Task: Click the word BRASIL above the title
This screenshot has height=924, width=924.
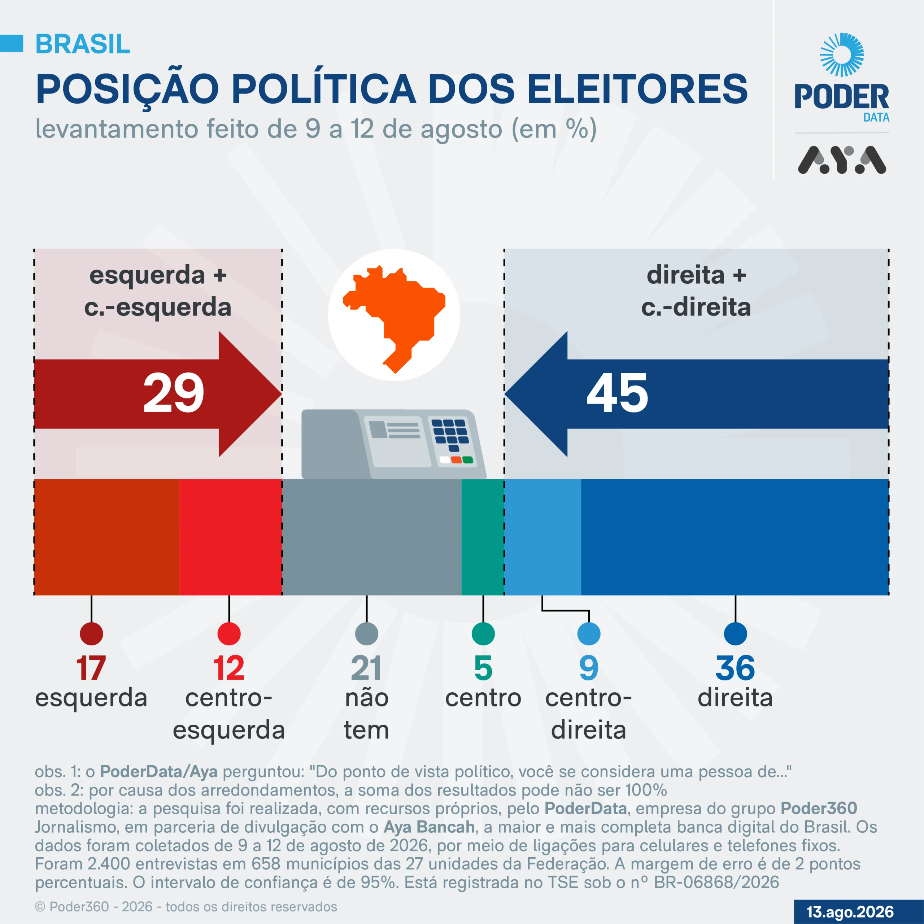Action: coord(83,44)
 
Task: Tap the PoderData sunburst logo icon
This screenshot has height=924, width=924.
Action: coord(842,55)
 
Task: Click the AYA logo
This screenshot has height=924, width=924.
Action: coord(842,160)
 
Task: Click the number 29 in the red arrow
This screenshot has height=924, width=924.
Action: coord(174,393)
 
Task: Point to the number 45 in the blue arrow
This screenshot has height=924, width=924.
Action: coord(618,393)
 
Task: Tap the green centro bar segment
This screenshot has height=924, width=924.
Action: coord(483,537)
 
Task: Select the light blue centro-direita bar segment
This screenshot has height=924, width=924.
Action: coord(543,537)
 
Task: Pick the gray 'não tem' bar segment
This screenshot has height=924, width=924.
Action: coord(372,537)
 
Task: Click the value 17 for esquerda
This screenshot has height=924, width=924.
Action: coord(91,668)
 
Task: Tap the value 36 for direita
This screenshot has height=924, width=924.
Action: coord(735,668)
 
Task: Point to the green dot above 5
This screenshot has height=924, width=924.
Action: coord(483,634)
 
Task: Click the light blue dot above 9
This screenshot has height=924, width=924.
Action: coord(589,634)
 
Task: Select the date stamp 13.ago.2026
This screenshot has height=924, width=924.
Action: coord(850,912)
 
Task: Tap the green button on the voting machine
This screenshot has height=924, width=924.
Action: coord(468,460)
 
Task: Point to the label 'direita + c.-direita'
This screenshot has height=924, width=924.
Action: coord(696,291)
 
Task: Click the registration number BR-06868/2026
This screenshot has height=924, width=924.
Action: coord(716,882)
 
